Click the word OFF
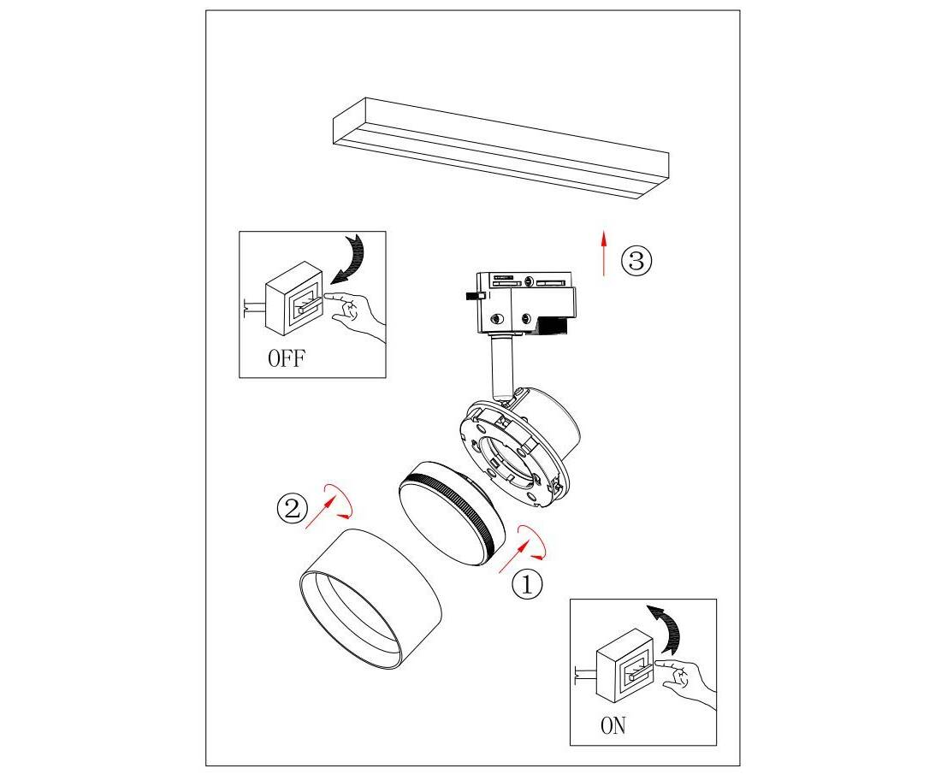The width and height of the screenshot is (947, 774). [x=287, y=358]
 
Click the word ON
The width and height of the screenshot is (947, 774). [x=613, y=726]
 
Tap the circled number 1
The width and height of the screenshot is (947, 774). [x=528, y=584]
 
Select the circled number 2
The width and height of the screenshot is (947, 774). [x=293, y=508]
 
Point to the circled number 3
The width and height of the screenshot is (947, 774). [x=637, y=262]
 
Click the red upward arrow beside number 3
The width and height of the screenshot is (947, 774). [x=603, y=252]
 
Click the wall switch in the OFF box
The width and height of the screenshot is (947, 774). [x=294, y=298]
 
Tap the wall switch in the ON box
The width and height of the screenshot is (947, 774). [x=625, y=666]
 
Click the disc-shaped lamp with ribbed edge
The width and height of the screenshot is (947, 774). [x=452, y=513]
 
